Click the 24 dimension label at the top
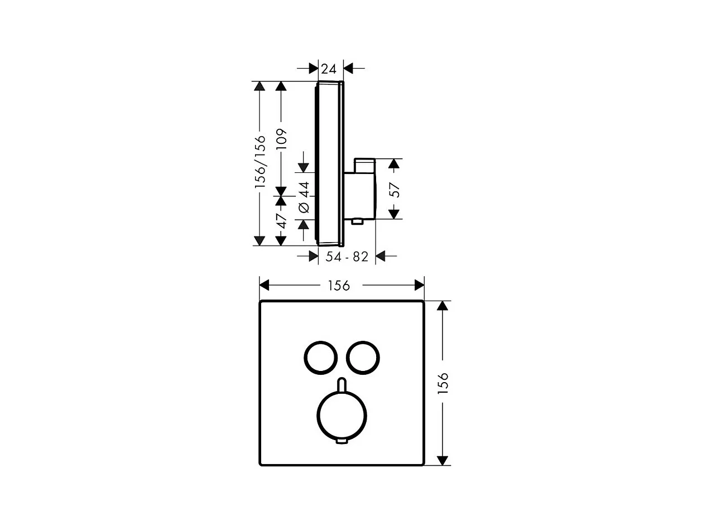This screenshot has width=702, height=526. pos(329,69)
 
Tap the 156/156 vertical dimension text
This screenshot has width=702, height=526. pos(261,162)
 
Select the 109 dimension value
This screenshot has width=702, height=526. pos(281,139)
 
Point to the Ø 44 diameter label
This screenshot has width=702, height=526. pos(304,197)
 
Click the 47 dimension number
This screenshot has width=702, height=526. pos(282,221)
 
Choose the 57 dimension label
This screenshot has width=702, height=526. pos(395,190)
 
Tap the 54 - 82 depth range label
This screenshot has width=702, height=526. pos(347,257)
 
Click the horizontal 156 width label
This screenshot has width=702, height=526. pos(339,286)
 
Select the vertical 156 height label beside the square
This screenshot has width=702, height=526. pos(443,383)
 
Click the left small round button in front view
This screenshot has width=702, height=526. pos(320,358)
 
